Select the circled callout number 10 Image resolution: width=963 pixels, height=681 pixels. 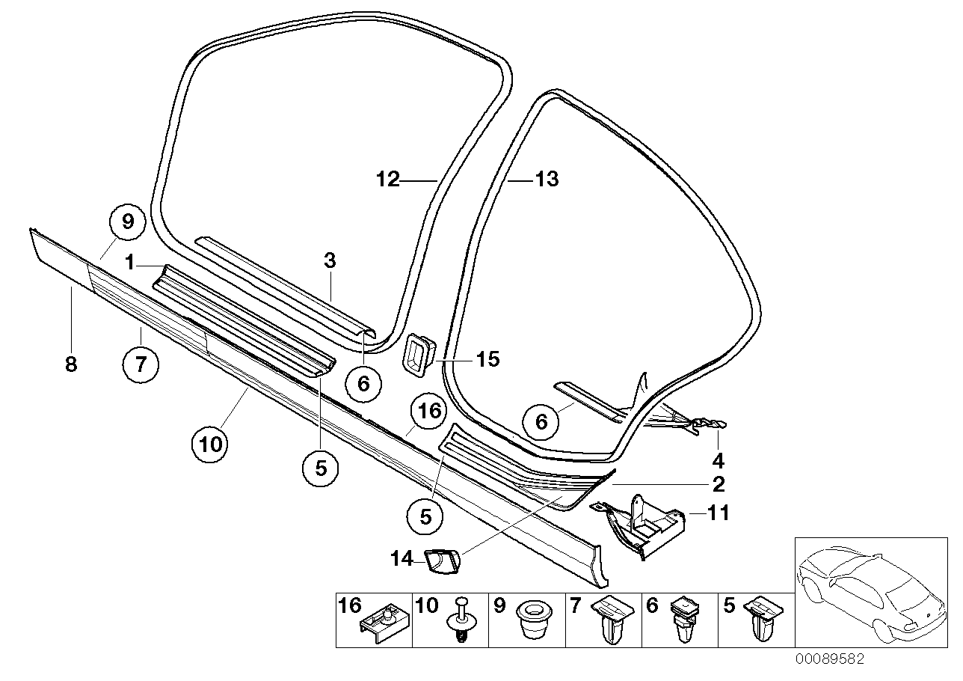click(x=211, y=444)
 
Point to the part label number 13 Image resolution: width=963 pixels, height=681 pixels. click(x=547, y=180)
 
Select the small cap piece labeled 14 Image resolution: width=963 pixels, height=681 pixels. click(x=444, y=559)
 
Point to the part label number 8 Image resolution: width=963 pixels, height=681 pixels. click(x=72, y=364)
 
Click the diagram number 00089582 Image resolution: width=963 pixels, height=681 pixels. click(x=829, y=659)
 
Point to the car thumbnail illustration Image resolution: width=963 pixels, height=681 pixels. click(x=870, y=592)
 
